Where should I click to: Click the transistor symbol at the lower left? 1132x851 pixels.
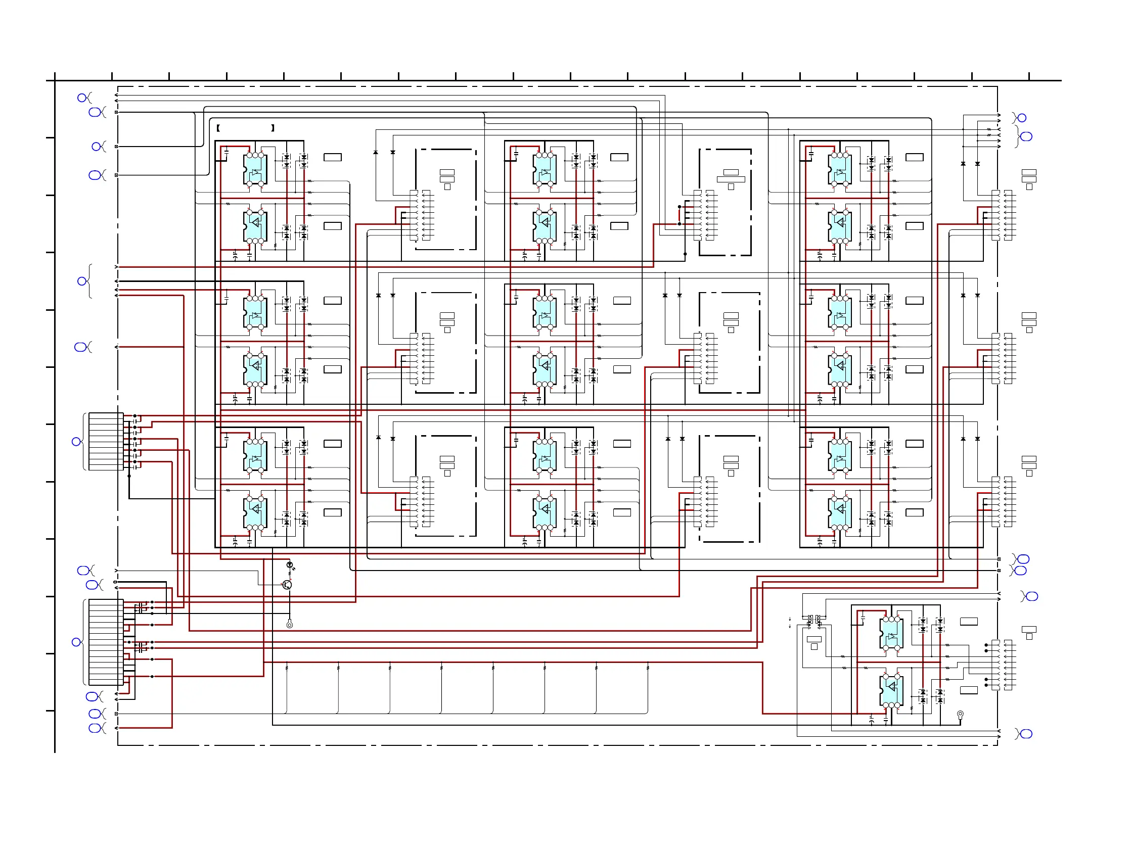click(x=287, y=585)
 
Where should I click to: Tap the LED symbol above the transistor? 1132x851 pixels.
click(x=290, y=565)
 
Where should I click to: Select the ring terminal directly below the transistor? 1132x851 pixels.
click(x=290, y=625)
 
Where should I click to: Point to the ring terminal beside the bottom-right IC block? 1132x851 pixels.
click(x=961, y=714)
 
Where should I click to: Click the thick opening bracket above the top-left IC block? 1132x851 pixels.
click(x=218, y=128)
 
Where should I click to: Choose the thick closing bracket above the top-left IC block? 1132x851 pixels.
click(x=273, y=128)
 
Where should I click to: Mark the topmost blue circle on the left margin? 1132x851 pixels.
click(x=82, y=98)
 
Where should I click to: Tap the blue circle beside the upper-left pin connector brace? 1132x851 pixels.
click(x=76, y=441)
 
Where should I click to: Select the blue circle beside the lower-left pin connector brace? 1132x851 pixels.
click(x=76, y=642)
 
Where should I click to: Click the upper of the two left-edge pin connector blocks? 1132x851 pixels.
click(x=106, y=441)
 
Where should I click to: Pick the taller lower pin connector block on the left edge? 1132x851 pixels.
click(x=106, y=642)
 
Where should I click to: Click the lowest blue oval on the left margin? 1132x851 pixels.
click(x=95, y=728)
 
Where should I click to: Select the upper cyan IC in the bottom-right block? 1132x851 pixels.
click(x=891, y=634)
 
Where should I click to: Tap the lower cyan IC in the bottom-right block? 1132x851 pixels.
click(x=891, y=690)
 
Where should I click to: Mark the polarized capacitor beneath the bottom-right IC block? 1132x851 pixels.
click(x=872, y=720)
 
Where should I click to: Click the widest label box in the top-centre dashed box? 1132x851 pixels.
click(x=731, y=179)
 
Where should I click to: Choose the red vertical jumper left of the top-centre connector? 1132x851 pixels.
click(x=680, y=215)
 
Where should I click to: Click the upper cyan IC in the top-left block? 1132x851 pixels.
click(x=255, y=169)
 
